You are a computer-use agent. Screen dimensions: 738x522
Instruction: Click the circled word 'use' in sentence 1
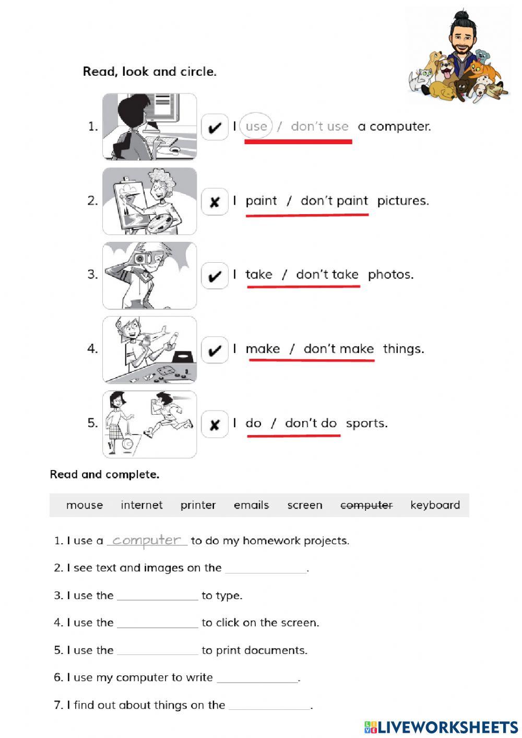click(256, 126)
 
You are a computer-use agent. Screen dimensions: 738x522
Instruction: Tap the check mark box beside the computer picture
click(215, 127)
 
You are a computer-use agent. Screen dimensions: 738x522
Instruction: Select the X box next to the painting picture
click(215, 202)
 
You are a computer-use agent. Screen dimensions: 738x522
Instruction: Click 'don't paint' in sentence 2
click(334, 201)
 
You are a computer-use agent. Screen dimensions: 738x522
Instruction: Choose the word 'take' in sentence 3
click(259, 275)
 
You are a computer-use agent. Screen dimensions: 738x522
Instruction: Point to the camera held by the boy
click(140, 258)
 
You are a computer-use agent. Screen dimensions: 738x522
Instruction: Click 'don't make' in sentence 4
click(338, 349)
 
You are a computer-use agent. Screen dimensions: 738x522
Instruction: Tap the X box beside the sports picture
click(215, 424)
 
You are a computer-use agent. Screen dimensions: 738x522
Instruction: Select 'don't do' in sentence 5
click(311, 423)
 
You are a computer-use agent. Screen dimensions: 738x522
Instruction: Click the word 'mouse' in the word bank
click(85, 505)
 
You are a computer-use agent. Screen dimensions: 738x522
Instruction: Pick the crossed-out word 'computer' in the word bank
click(366, 505)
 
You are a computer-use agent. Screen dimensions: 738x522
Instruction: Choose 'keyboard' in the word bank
click(435, 505)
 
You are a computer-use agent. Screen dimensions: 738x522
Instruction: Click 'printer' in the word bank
click(198, 505)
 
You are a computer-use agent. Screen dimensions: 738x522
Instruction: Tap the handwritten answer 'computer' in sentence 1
click(147, 540)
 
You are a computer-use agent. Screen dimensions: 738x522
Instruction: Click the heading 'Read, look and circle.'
click(149, 72)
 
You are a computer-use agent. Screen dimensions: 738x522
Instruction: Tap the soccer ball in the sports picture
click(127, 444)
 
